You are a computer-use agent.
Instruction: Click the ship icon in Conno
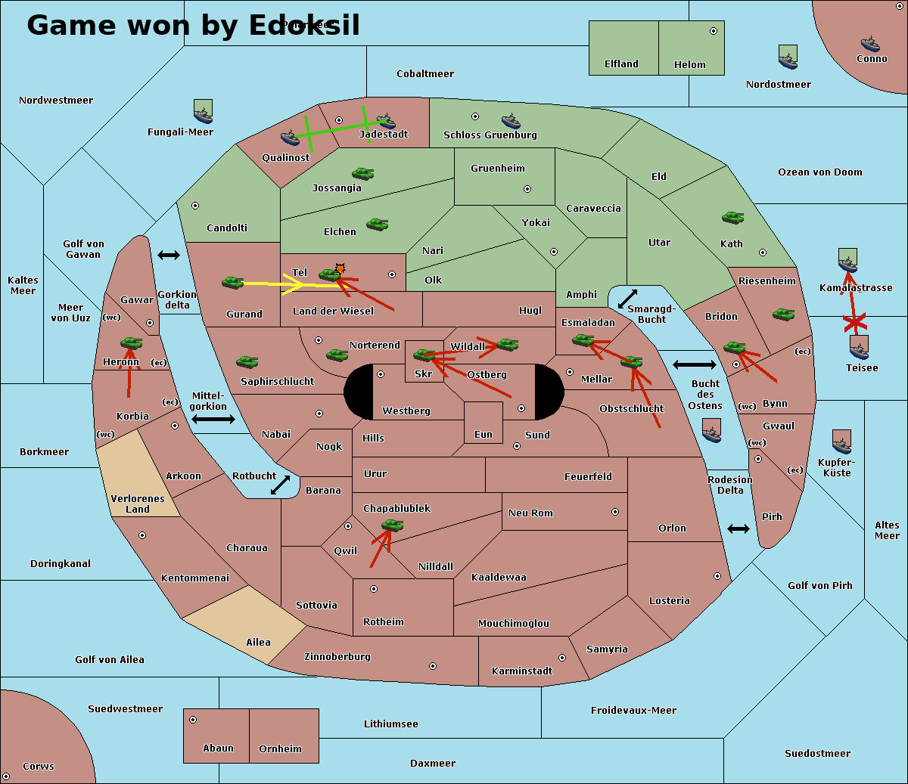870,44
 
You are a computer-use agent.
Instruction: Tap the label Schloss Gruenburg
490,135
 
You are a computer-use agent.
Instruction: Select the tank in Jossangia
363,173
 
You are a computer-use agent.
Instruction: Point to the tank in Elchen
377,224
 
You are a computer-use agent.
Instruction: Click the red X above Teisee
855,324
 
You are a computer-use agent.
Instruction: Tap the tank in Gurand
232,282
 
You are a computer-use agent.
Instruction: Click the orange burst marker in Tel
340,268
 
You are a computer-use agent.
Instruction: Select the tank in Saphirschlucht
247,363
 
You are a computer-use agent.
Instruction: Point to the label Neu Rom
530,513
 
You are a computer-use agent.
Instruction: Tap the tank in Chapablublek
392,525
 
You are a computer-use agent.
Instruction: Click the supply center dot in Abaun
193,720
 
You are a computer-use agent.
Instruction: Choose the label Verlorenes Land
138,504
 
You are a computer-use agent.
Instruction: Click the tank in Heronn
131,343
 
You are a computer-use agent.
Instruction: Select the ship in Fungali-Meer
203,112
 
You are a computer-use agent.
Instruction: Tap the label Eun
484,435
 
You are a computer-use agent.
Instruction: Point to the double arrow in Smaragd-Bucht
627,299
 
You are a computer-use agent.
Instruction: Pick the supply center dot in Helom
713,31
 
